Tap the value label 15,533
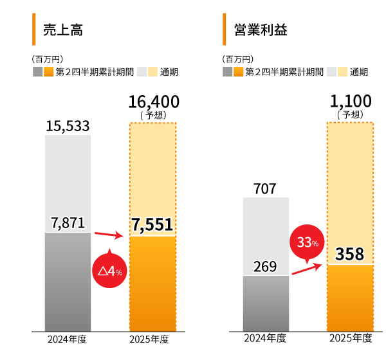tap(68, 127)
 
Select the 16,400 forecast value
tap(153, 102)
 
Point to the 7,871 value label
tap(68, 223)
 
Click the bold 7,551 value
tap(152, 224)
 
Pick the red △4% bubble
tap(110, 271)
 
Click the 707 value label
tap(265, 189)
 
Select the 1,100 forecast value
tap(351, 101)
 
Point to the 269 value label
tap(265, 266)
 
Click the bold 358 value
tap(350, 253)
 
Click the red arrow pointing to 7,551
tap(110, 235)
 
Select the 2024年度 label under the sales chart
tap(68, 339)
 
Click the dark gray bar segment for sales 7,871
tap(68, 283)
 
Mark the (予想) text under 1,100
tap(351, 114)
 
